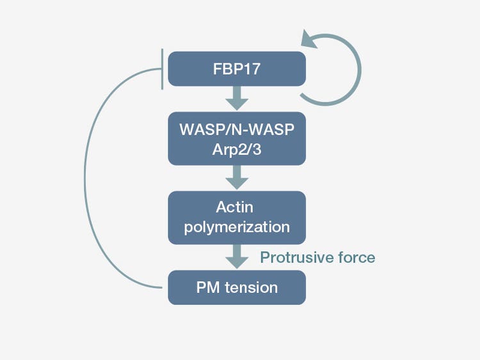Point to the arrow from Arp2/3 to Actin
tap(237, 177)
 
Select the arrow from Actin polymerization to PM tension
tap(237, 257)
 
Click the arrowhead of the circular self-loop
tap(312, 40)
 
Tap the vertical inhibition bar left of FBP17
tap(163, 68)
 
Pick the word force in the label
tap(358, 258)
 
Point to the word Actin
tap(237, 207)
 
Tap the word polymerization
tap(237, 226)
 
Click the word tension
tap(252, 287)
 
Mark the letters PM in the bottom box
tap(209, 287)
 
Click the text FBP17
tap(237, 68)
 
